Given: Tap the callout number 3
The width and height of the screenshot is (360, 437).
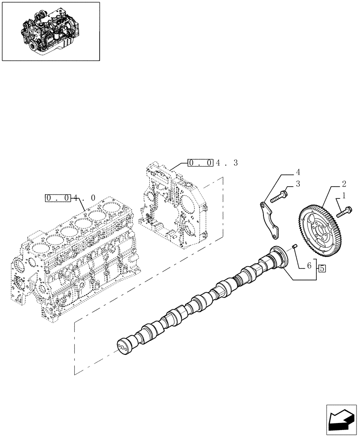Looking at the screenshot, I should pos(298,184).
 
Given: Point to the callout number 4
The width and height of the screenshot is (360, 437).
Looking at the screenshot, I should pos(298,172).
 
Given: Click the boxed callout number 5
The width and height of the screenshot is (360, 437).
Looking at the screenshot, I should pos(322,268).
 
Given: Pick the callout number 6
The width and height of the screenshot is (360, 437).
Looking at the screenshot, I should pos(309,265).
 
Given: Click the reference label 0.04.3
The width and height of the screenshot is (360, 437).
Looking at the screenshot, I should pos(213,163).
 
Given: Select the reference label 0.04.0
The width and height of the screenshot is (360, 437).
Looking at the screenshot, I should pos(70,198).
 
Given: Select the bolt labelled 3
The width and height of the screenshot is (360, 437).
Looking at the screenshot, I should pos(278,196).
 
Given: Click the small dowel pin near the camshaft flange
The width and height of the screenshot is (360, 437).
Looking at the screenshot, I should pos(294,248).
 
